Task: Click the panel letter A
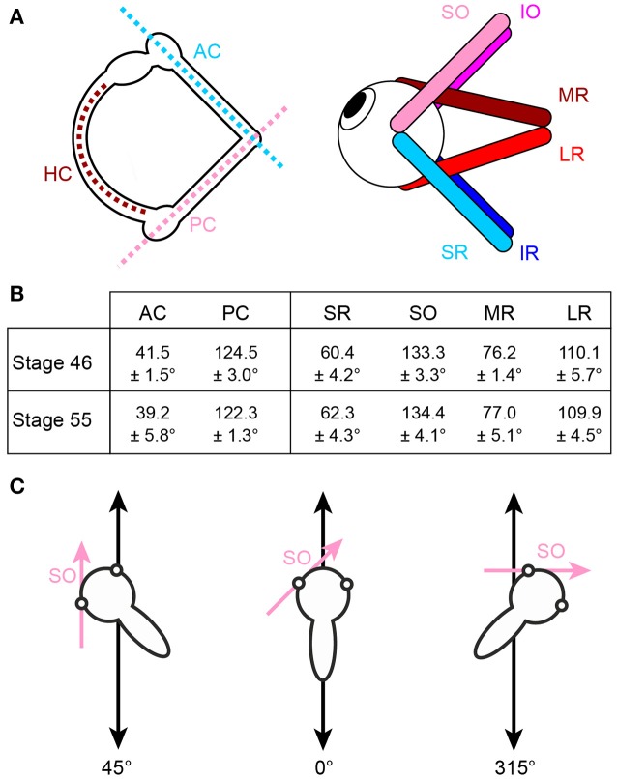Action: coord(15,17)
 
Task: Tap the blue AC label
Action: coord(209,49)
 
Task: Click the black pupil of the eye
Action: coord(359,101)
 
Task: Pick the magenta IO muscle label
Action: coord(531,13)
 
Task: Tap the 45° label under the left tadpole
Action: coord(118,765)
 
